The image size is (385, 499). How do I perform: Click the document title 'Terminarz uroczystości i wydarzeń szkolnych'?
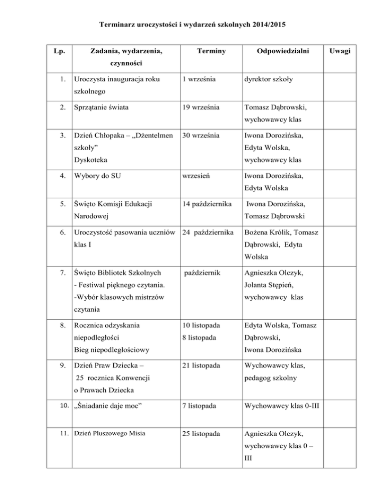192,24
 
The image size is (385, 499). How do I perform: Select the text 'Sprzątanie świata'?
102,107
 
